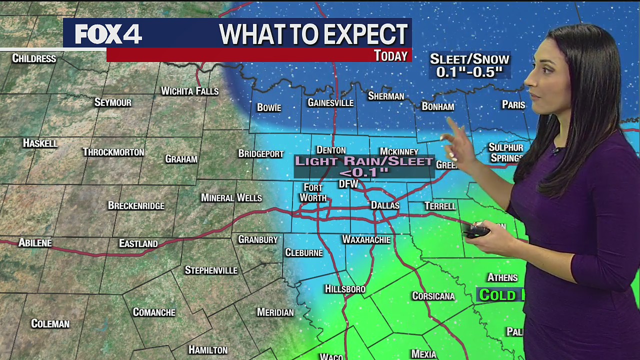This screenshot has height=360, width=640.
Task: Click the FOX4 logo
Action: pyautogui.click(x=108, y=34)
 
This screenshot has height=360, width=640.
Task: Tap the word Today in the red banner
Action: pyautogui.click(x=390, y=55)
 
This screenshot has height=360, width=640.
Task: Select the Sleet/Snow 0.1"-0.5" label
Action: pyautogui.click(x=469, y=65)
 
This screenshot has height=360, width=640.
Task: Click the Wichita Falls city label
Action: pyautogui.click(x=189, y=91)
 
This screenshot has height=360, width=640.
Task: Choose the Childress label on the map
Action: pyautogui.click(x=34, y=58)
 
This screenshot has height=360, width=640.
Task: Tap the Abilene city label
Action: pyautogui.click(x=35, y=243)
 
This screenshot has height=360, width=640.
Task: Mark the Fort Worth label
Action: pyautogui.click(x=313, y=192)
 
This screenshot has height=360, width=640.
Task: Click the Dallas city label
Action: pyautogui.click(x=385, y=205)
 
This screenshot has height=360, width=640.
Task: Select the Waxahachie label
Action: pyautogui.click(x=366, y=240)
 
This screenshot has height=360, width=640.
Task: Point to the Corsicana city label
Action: pyautogui.click(x=433, y=296)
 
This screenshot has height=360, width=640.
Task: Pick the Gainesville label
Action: pyautogui.click(x=330, y=103)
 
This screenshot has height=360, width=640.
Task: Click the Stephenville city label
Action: pyautogui.click(x=211, y=270)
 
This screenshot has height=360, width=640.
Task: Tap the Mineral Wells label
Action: pyautogui.click(x=231, y=198)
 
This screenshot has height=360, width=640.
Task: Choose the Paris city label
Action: pyautogui.click(x=513, y=105)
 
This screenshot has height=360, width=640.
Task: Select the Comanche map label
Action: pyautogui.click(x=154, y=312)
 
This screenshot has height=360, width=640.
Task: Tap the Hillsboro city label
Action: pyautogui.click(x=345, y=289)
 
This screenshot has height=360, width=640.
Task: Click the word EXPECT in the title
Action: pyautogui.click(x=357, y=34)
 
